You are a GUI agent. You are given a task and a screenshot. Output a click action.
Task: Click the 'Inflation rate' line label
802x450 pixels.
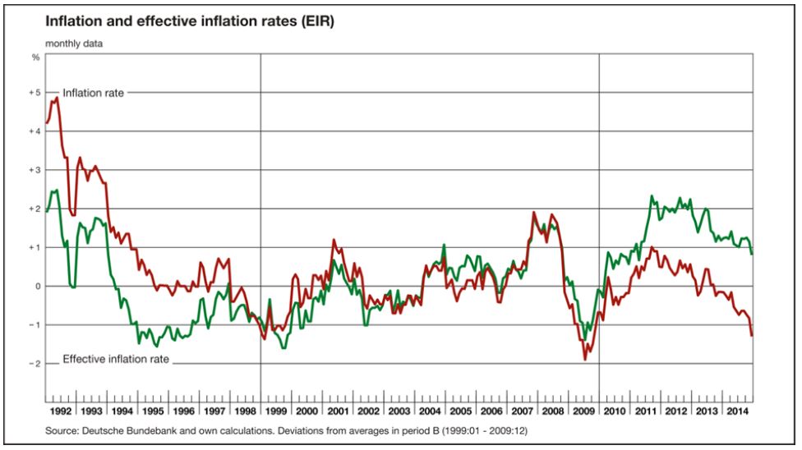click(94, 94)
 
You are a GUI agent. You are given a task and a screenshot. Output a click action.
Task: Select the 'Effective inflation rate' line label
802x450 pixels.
click(116, 359)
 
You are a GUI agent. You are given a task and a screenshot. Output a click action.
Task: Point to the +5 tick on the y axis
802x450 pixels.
click(35, 93)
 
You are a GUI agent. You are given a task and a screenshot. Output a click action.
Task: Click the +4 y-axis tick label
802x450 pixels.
click(35, 131)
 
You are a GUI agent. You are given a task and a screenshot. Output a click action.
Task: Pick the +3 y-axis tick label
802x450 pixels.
click(35, 170)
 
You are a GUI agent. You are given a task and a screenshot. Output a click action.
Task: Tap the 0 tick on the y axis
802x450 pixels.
click(36, 287)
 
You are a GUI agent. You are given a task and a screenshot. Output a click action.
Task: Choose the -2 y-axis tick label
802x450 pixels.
click(35, 364)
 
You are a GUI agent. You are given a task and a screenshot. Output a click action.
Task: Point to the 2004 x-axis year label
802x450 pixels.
click(429, 410)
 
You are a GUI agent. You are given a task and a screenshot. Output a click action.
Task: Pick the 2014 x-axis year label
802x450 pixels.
click(736, 410)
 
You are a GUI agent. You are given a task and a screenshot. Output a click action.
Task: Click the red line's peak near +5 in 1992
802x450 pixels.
click(57, 98)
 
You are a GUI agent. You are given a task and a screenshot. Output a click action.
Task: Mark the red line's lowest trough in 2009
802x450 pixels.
click(585, 360)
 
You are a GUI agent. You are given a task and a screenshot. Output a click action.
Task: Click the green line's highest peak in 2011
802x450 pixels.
click(651, 196)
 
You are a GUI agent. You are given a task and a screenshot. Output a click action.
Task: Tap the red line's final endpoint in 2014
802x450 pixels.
click(752, 335)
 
